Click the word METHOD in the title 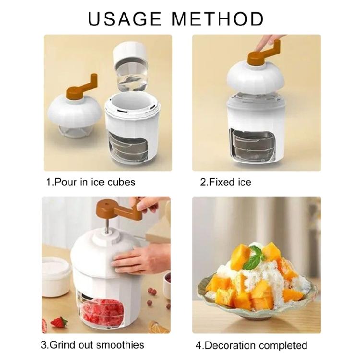(218, 19)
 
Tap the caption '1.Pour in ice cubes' (91, 182)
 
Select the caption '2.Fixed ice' (225, 182)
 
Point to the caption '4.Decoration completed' (251, 345)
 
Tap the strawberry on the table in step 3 (59, 322)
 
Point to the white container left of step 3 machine (57, 276)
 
